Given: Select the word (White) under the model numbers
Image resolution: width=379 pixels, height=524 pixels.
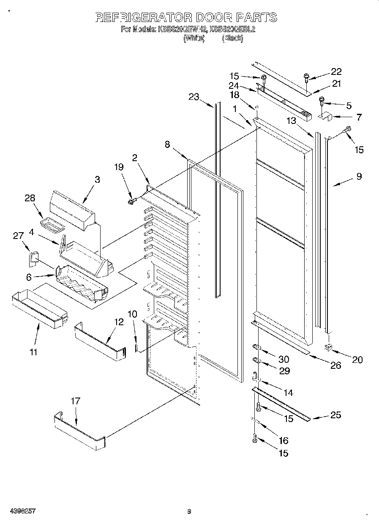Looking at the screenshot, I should tap(194, 38).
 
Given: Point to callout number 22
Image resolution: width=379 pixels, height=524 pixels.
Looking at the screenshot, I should tap(336, 71).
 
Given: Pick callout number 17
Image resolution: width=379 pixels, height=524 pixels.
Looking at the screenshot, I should tap(75, 401).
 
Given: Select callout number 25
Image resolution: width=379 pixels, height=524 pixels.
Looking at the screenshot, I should tap(335, 415).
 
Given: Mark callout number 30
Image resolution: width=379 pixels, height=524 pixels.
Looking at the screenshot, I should tap(284, 359).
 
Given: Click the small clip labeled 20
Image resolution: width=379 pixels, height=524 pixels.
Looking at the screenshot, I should tap(328, 347).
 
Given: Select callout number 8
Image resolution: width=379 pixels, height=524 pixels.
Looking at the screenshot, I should tap(167, 144).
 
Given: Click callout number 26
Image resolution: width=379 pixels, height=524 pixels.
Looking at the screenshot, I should tap(335, 365).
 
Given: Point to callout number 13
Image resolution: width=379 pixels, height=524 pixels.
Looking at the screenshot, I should tap(291, 121).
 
